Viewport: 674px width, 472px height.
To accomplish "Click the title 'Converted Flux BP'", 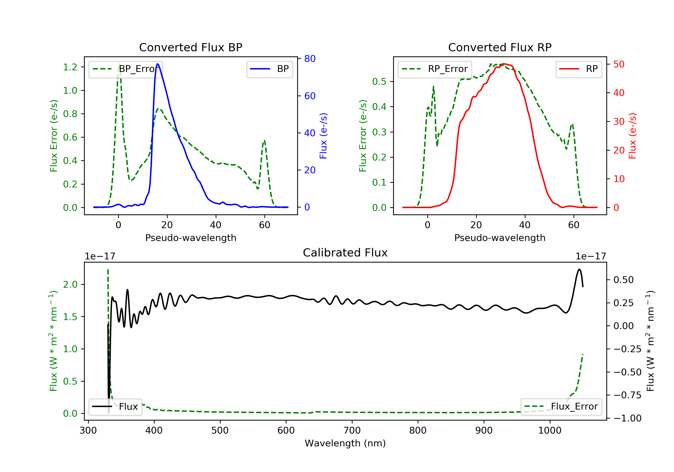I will coord(191,47).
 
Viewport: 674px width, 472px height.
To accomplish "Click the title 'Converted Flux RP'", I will coord(500,47).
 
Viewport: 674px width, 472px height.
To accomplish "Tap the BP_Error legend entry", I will coord(126,69).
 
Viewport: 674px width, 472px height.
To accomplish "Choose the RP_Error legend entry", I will coord(435,69).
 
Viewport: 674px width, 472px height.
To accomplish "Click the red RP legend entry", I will coord(579,69).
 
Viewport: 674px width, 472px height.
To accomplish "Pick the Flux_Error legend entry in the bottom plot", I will coord(561,407).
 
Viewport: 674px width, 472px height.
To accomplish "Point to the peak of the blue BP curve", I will coord(158,64).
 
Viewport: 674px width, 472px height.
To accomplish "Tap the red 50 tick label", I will coord(619,64).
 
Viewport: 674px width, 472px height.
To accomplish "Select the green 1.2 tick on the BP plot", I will coord(70,67).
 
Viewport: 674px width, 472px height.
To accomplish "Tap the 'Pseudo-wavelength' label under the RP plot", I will coord(500,238).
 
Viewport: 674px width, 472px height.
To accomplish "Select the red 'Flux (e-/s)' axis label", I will coord(632,136).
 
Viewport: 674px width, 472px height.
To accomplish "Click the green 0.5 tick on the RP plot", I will coord(379,82).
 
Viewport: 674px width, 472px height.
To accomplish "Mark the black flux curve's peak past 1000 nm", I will coord(579,269).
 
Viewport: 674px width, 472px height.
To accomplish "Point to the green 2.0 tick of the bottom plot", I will coord(70,285).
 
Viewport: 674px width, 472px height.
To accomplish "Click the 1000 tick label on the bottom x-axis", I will coord(550,431).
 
